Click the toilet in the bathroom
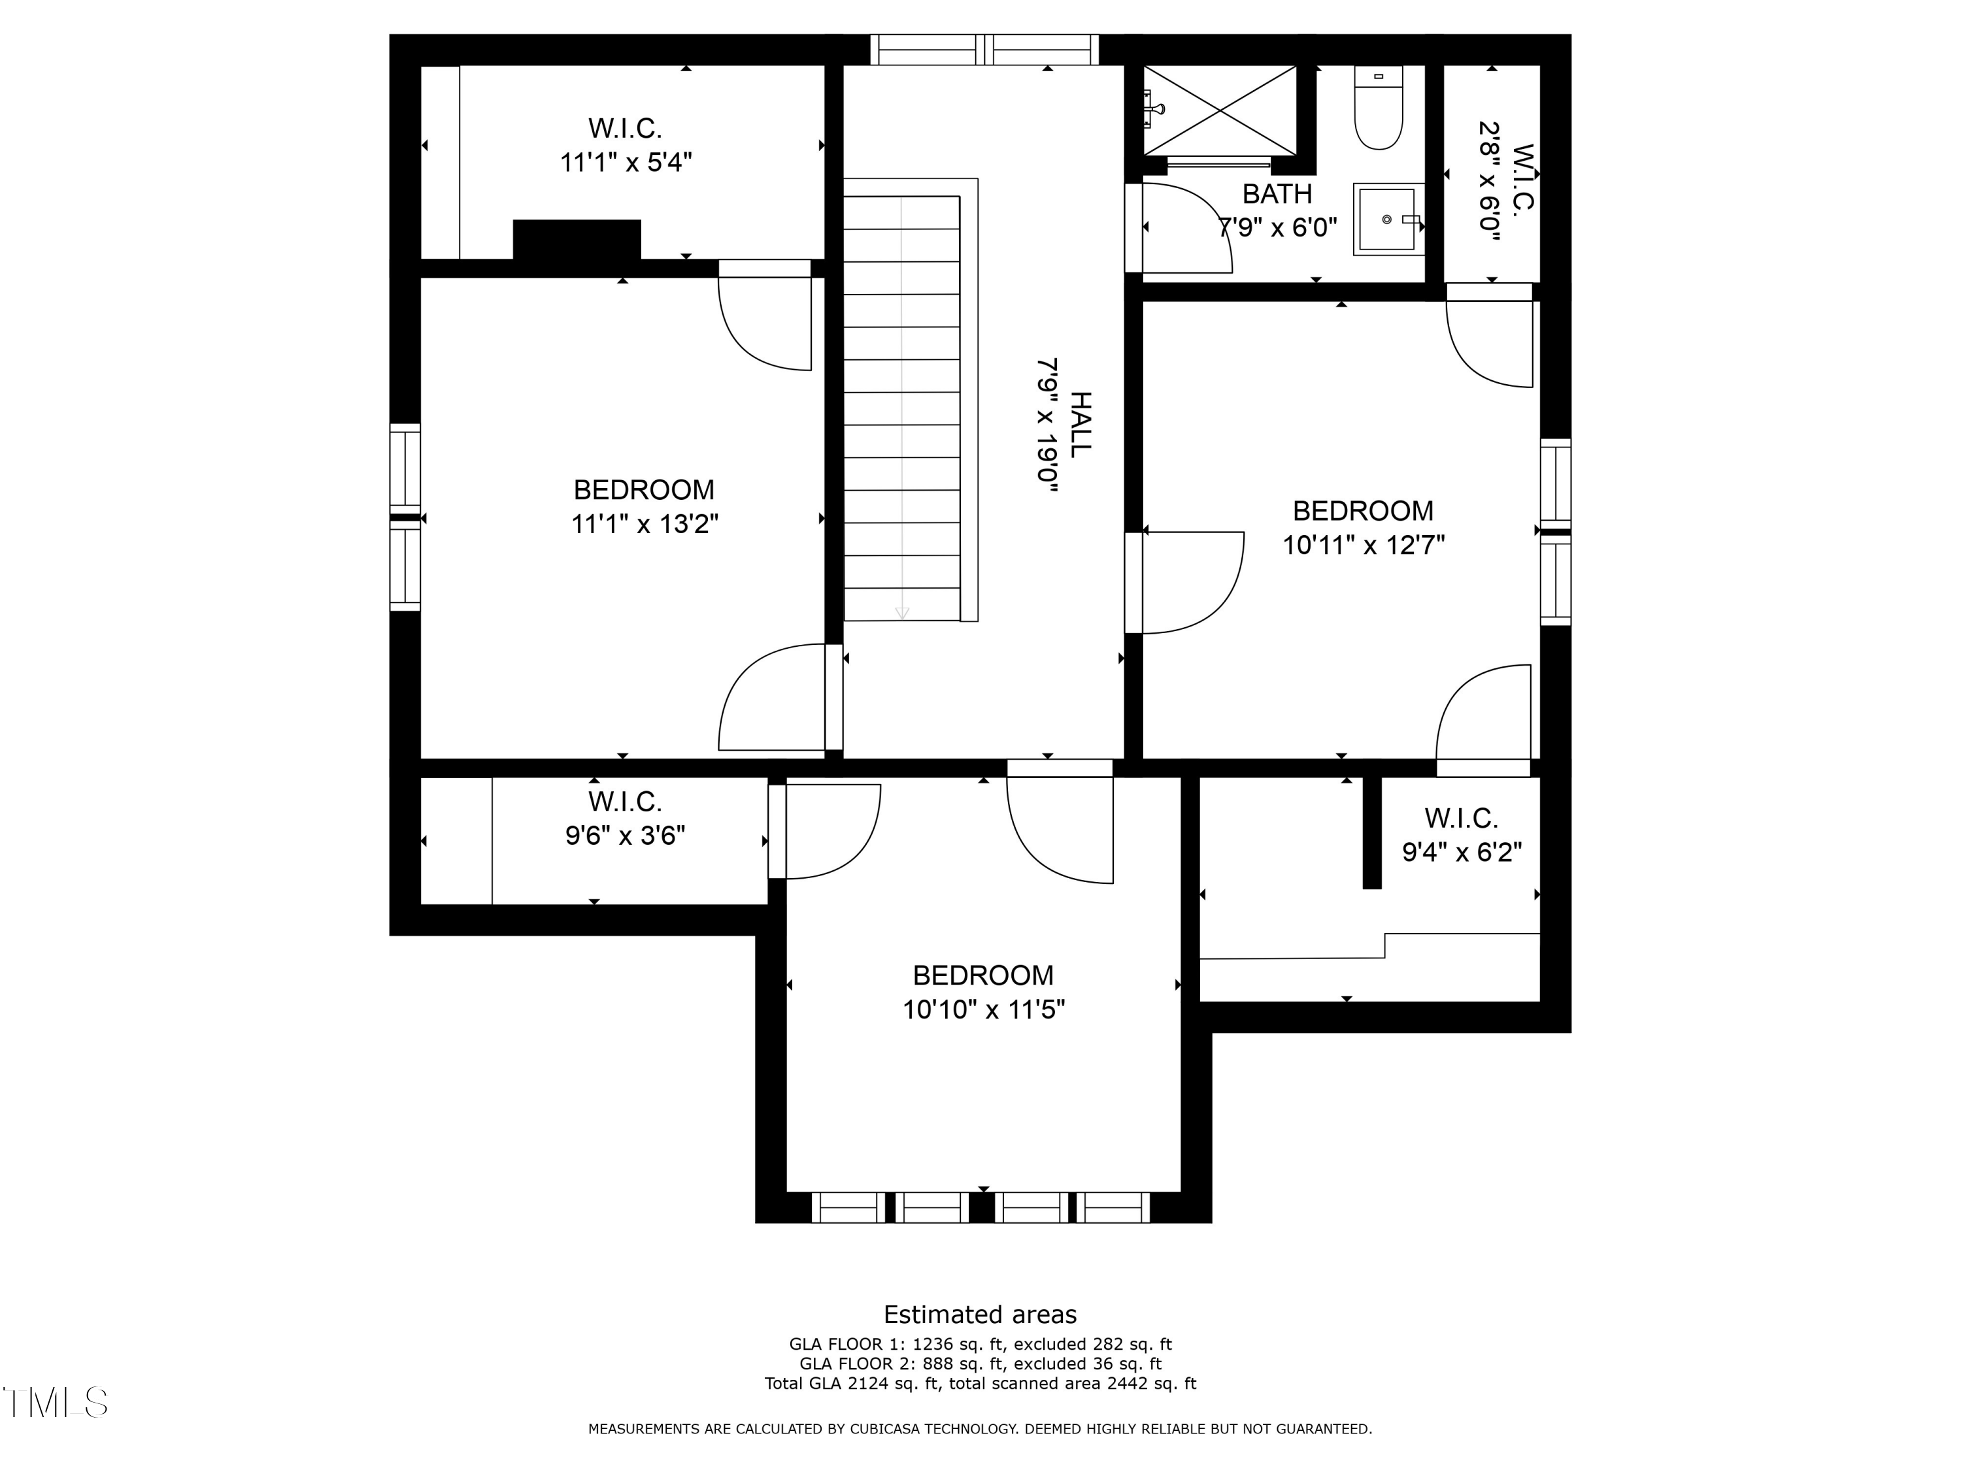coord(1379,107)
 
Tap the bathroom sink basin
coord(1388,219)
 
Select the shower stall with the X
coord(1220,111)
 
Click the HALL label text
coord(1080,425)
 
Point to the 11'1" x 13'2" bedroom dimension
coord(645,525)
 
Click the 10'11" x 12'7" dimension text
coord(1364,545)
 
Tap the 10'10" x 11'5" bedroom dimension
coord(983,1009)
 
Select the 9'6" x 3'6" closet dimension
coord(625,836)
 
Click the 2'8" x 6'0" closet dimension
coord(1489,181)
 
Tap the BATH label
coord(1277,193)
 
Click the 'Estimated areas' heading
coord(980,1314)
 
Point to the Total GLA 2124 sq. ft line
coord(980,1383)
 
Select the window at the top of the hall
coord(984,50)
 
